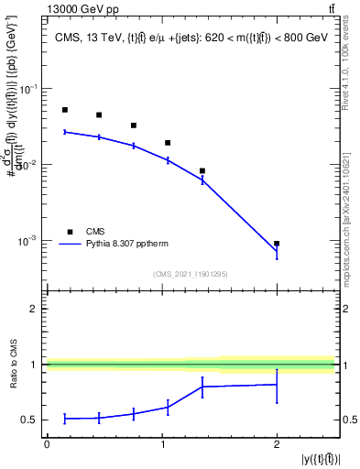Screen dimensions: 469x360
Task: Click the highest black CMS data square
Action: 65,110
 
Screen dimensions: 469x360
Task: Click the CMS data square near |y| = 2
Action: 277,244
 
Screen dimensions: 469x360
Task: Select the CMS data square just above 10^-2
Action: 168,143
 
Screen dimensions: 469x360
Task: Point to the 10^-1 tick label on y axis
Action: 29,89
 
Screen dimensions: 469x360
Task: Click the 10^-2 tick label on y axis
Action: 29,165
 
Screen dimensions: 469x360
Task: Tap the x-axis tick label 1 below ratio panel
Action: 162,443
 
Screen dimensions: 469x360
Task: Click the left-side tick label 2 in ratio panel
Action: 34,310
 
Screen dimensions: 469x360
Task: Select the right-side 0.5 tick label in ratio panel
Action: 347,420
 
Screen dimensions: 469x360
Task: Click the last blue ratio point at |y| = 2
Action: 277,385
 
